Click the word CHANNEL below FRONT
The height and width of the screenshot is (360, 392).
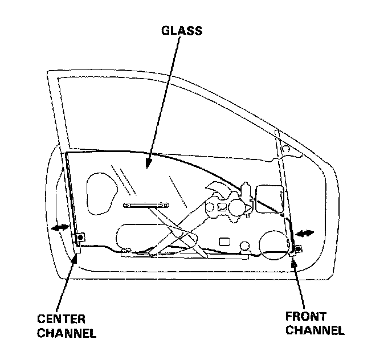(315, 330)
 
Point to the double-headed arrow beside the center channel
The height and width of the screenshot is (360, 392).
(59, 228)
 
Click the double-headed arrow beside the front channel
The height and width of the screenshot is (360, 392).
(305, 234)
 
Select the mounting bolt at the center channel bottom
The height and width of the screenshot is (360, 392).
(80, 237)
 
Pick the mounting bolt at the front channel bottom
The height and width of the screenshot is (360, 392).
(298, 248)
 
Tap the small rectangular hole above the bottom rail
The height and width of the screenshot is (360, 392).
(224, 240)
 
